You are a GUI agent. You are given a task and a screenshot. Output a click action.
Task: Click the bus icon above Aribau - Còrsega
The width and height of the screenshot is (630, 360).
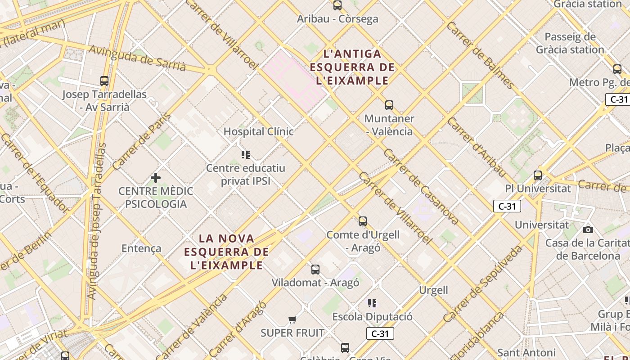pyautogui.click(x=337, y=5)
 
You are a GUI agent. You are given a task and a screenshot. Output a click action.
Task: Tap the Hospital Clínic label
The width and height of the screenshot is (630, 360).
pyautogui.click(x=258, y=131)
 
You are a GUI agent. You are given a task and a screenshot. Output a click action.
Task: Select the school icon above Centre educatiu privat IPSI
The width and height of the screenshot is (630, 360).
pyautogui.click(x=246, y=155)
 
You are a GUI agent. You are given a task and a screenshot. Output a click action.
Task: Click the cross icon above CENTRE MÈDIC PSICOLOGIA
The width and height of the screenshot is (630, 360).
pyautogui.click(x=156, y=178)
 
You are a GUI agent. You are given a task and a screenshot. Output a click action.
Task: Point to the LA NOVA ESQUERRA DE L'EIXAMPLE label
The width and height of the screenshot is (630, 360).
pyautogui.click(x=226, y=252)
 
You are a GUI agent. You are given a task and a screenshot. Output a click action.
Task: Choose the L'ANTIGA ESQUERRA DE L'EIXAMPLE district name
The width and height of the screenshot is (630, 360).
pyautogui.click(x=352, y=67)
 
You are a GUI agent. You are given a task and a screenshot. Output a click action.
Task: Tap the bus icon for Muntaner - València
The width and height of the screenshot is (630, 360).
pyautogui.click(x=389, y=105)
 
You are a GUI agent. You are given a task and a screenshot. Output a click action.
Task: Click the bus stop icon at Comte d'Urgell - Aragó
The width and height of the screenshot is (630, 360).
pyautogui.click(x=363, y=221)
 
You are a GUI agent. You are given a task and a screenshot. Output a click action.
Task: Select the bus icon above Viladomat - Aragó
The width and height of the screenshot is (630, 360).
pyautogui.click(x=315, y=270)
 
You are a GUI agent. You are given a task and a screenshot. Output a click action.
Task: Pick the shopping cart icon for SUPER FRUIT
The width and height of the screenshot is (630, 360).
pyautogui.click(x=292, y=320)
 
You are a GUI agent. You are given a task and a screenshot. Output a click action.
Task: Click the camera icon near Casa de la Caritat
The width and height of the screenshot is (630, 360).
pyautogui.click(x=588, y=229)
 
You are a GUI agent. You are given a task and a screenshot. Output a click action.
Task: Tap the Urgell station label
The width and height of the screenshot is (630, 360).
pyautogui.click(x=433, y=290)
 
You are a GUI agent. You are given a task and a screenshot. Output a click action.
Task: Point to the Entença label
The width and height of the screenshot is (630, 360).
pyautogui.click(x=141, y=248)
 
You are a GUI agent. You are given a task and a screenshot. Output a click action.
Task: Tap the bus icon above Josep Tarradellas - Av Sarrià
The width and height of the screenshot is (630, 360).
pyautogui.click(x=104, y=81)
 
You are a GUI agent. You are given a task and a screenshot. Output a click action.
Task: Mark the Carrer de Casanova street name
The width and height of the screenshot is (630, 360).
pyautogui.click(x=421, y=187)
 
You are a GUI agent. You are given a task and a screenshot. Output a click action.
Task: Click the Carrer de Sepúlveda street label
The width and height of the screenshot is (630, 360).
pyautogui.click(x=483, y=284)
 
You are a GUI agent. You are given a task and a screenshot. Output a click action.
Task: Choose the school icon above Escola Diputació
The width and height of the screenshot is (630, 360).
pyautogui.click(x=372, y=303)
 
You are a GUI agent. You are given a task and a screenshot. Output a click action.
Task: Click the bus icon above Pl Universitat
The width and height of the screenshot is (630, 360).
pyautogui.click(x=538, y=175)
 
